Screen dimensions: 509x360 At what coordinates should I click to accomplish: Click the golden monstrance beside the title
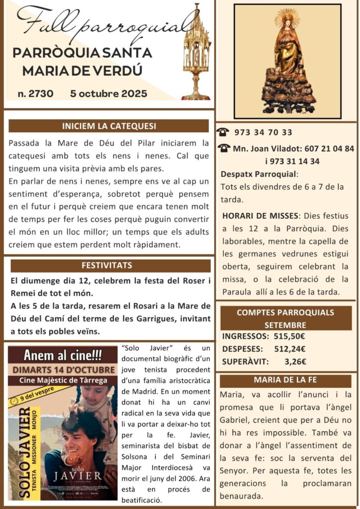(x=196, y=52)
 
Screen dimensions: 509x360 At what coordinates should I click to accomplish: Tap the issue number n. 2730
(x=35, y=93)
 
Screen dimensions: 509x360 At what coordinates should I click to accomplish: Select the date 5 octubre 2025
(x=109, y=93)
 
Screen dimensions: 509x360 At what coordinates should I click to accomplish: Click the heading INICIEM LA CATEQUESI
(x=108, y=126)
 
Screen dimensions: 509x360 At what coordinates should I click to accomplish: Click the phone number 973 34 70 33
(x=263, y=132)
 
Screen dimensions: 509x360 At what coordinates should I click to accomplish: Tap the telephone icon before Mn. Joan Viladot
(x=224, y=148)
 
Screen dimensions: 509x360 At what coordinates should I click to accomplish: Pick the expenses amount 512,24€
(x=289, y=349)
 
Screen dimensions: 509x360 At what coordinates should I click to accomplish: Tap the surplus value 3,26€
(x=295, y=362)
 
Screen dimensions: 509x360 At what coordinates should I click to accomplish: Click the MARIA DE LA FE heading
(x=285, y=380)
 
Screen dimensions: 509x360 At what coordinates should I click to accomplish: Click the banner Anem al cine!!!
(x=63, y=355)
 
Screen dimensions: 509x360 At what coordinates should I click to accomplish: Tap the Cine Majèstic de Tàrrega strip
(x=63, y=380)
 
